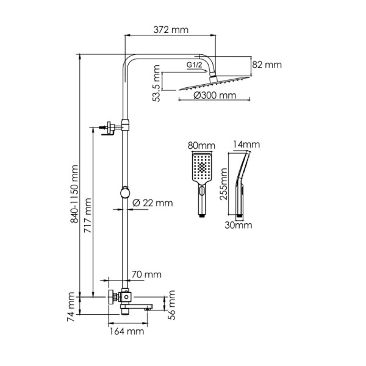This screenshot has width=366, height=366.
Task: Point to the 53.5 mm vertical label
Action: (x=157, y=86)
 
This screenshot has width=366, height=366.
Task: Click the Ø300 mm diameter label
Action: (x=214, y=96)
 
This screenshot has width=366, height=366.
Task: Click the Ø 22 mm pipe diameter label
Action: (x=152, y=203)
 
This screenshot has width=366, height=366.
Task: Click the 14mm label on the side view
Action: (x=246, y=145)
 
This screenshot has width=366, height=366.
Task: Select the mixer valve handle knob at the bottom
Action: (x=112, y=297)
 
